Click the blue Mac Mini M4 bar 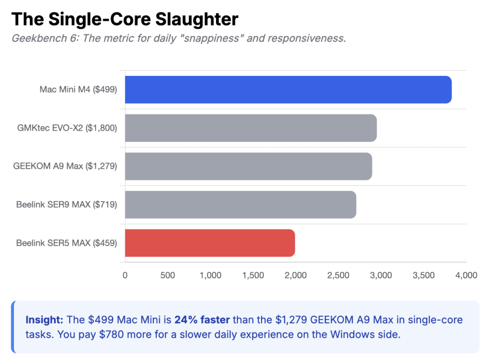pyautogui.click(x=288, y=90)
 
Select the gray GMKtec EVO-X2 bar pyautogui.click(x=250, y=128)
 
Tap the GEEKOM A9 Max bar pyautogui.click(x=248, y=166)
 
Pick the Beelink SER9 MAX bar pyautogui.click(x=240, y=205)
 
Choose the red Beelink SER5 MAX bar pyautogui.click(x=210, y=243)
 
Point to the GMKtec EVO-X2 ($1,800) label pyautogui.click(x=67, y=128)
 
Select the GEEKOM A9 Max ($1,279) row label pyautogui.click(x=65, y=166)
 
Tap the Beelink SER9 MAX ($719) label pyautogui.click(x=67, y=205)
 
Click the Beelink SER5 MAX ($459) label pyautogui.click(x=67, y=243)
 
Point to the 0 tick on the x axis pyautogui.click(x=125, y=275)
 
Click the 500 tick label pyautogui.click(x=167, y=275)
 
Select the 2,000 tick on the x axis pyautogui.click(x=295, y=275)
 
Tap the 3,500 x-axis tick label pyautogui.click(x=423, y=275)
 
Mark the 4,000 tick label pyautogui.click(x=466, y=275)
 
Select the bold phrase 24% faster pyautogui.click(x=203, y=320)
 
